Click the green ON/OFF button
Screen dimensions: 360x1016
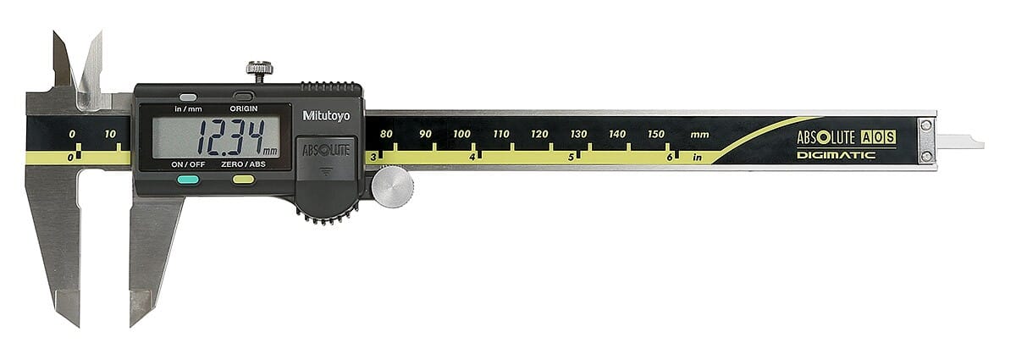[188, 180]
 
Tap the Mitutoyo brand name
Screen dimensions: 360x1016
[326, 115]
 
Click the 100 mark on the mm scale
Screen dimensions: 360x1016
[461, 134]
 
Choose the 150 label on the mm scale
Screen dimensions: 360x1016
[656, 134]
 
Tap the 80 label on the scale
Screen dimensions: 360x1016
[386, 134]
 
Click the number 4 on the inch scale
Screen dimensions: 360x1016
[472, 157]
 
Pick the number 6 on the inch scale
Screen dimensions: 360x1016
[669, 157]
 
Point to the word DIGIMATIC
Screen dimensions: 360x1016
[836, 155]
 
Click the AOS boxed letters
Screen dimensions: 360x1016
[878, 137]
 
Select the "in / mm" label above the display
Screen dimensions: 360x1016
[188, 109]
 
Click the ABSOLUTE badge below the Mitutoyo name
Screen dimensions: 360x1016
[326, 150]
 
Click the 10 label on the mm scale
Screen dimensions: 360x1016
[111, 134]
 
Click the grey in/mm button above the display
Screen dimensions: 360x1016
[188, 97]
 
